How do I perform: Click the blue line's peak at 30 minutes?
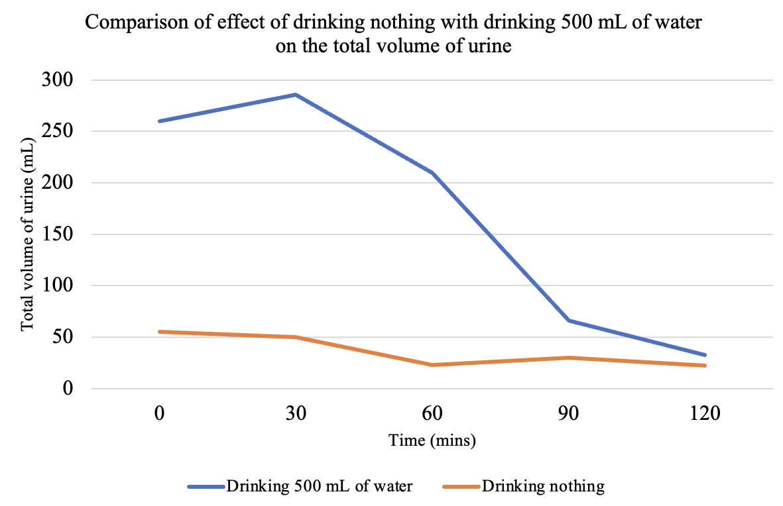tap(295, 95)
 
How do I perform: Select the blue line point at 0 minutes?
tap(159, 121)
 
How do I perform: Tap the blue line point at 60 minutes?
tap(432, 172)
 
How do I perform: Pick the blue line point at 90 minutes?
tap(568, 321)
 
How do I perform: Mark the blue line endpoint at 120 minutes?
tap(704, 355)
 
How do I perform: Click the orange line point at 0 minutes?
tap(159, 332)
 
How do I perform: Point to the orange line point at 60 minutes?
tap(432, 365)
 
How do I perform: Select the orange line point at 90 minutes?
tap(568, 358)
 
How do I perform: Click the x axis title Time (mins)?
tap(432, 440)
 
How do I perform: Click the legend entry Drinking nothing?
tap(543, 486)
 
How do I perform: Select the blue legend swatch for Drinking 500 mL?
tap(206, 487)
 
